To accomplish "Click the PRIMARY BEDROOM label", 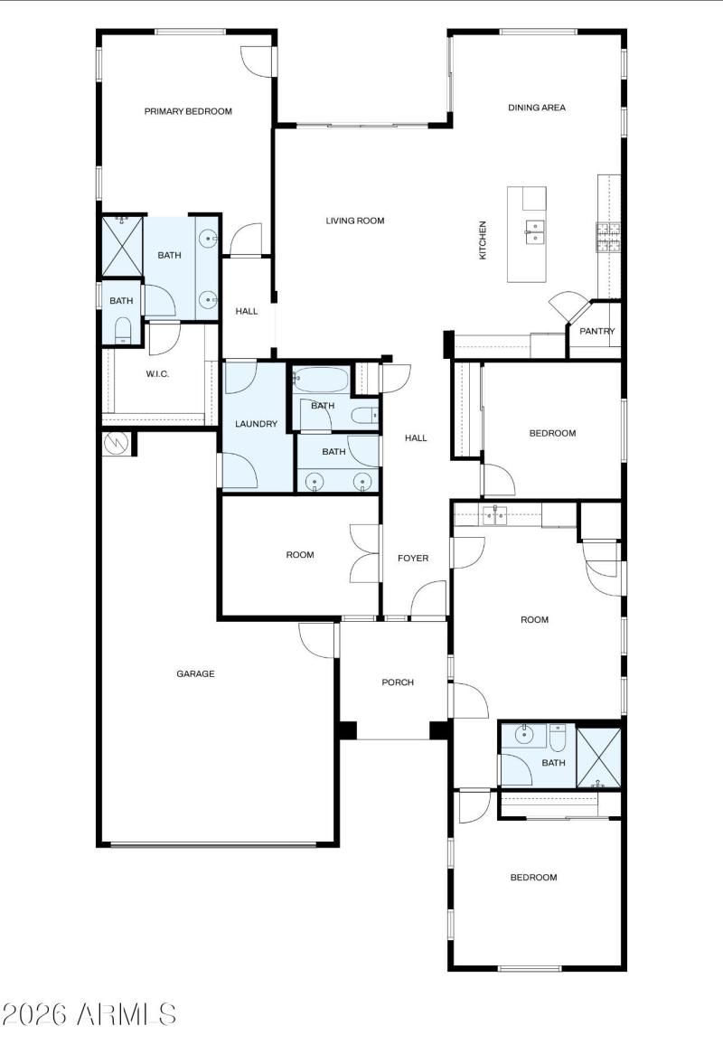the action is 188,111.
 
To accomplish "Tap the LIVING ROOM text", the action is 355,221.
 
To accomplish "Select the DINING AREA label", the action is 537,107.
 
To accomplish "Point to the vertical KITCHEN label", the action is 483,240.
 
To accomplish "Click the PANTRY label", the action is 596,331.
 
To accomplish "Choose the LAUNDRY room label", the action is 256,424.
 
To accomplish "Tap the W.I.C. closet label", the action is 157,373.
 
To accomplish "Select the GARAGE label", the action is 195,673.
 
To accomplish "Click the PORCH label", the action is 398,682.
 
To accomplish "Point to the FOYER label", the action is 413,558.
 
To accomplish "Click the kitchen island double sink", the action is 534,231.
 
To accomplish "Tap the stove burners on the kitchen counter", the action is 608,237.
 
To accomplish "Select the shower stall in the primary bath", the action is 123,246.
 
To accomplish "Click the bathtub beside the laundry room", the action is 321,379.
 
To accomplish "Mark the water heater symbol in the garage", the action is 116,444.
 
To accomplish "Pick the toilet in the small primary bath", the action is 123,329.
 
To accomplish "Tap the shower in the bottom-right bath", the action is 598,757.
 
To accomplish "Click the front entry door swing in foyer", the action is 428,599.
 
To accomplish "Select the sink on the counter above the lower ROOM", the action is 494,515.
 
